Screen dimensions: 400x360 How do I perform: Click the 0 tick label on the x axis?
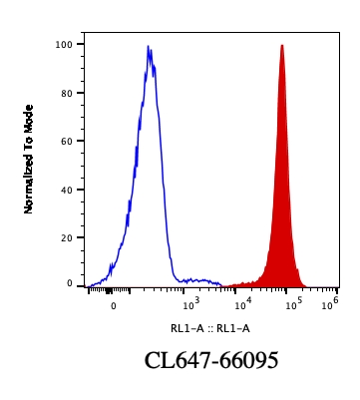point(114,305)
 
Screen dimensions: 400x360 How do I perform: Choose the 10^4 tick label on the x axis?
point(242,304)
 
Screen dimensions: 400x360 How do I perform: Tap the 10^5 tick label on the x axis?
point(293,304)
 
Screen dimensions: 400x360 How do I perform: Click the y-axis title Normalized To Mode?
point(29,159)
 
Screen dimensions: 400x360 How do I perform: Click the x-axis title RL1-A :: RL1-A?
point(209,327)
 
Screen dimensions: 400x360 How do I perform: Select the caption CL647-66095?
point(210,361)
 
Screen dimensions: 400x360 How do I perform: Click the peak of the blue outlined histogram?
point(149,47)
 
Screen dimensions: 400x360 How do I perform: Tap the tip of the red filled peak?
point(282,46)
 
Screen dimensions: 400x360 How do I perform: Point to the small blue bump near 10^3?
point(200,280)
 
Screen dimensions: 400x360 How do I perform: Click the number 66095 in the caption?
point(244,361)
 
